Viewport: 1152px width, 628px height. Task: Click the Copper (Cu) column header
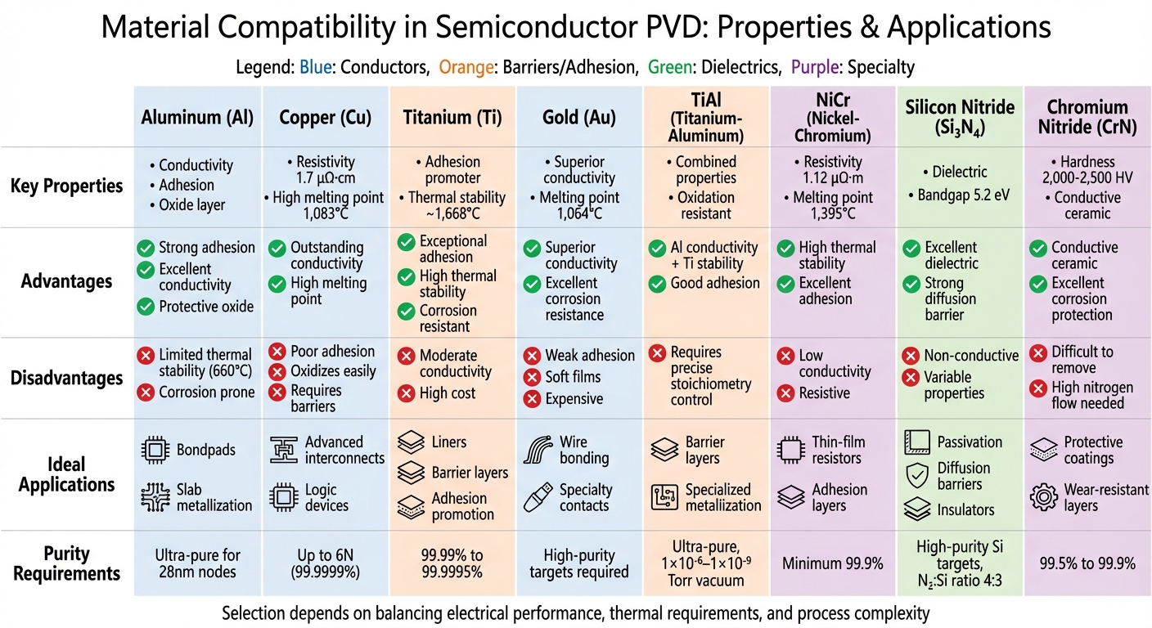326,117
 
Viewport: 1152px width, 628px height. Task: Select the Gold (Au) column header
578,117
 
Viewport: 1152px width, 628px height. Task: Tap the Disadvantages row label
67,379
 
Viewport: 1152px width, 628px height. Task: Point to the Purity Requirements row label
67,563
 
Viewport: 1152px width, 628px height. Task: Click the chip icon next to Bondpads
155,451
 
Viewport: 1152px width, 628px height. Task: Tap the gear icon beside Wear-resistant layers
1043,497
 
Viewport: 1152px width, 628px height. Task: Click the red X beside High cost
407,393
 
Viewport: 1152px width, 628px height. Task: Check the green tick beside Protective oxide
146,307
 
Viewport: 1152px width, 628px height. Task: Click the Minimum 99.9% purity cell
832,563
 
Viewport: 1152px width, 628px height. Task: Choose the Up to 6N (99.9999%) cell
326,563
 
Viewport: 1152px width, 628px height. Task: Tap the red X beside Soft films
532,378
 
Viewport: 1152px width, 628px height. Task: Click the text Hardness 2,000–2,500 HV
1087,170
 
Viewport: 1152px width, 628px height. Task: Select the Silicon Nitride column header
960,117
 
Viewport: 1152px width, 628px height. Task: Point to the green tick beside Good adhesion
657,284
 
